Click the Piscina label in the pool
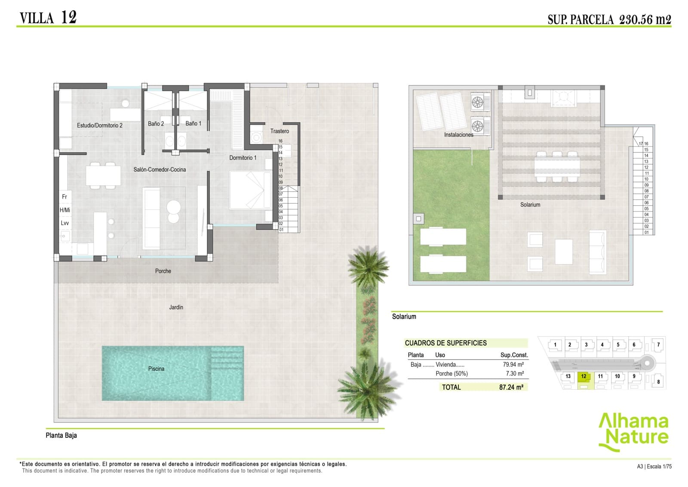[156, 369]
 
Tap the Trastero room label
[279, 131]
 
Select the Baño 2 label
[156, 124]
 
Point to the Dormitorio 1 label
[243, 158]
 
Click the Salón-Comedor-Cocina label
[160, 170]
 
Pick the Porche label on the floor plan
[163, 271]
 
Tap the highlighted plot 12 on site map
[584, 376]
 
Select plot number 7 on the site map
[658, 344]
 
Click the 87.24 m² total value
[511, 387]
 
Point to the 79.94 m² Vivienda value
[513, 364]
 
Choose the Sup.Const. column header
[514, 355]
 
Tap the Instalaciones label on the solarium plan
[458, 135]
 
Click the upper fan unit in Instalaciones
[478, 102]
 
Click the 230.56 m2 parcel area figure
[645, 19]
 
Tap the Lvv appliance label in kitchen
[65, 223]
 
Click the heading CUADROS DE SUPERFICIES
[445, 343]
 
